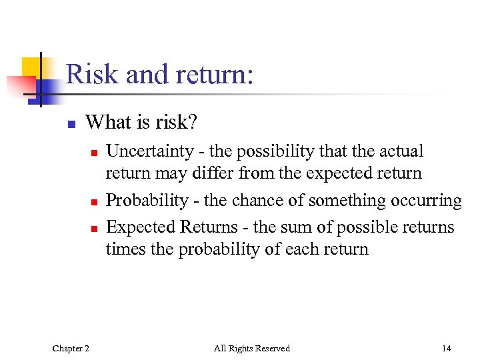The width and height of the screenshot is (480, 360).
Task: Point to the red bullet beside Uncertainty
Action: (x=95, y=153)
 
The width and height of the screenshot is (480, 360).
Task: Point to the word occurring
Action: (x=428, y=201)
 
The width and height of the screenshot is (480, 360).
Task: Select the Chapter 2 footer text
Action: (x=71, y=348)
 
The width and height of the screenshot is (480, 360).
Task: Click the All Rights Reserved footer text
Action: (x=251, y=348)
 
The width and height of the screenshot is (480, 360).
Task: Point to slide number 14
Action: (x=446, y=348)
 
